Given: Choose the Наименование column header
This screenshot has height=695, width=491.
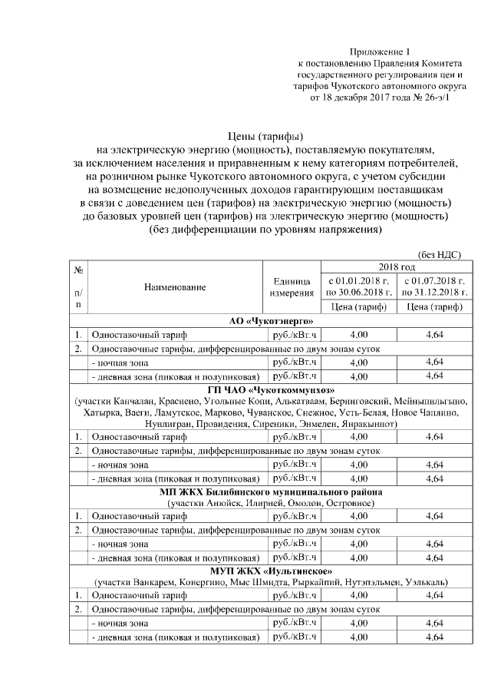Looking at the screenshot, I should (175, 287).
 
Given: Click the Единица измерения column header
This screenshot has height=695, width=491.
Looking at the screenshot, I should (292, 287).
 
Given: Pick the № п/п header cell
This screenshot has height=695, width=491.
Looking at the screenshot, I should (78, 287).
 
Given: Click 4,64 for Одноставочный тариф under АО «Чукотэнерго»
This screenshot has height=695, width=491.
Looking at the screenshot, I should (434, 334).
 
